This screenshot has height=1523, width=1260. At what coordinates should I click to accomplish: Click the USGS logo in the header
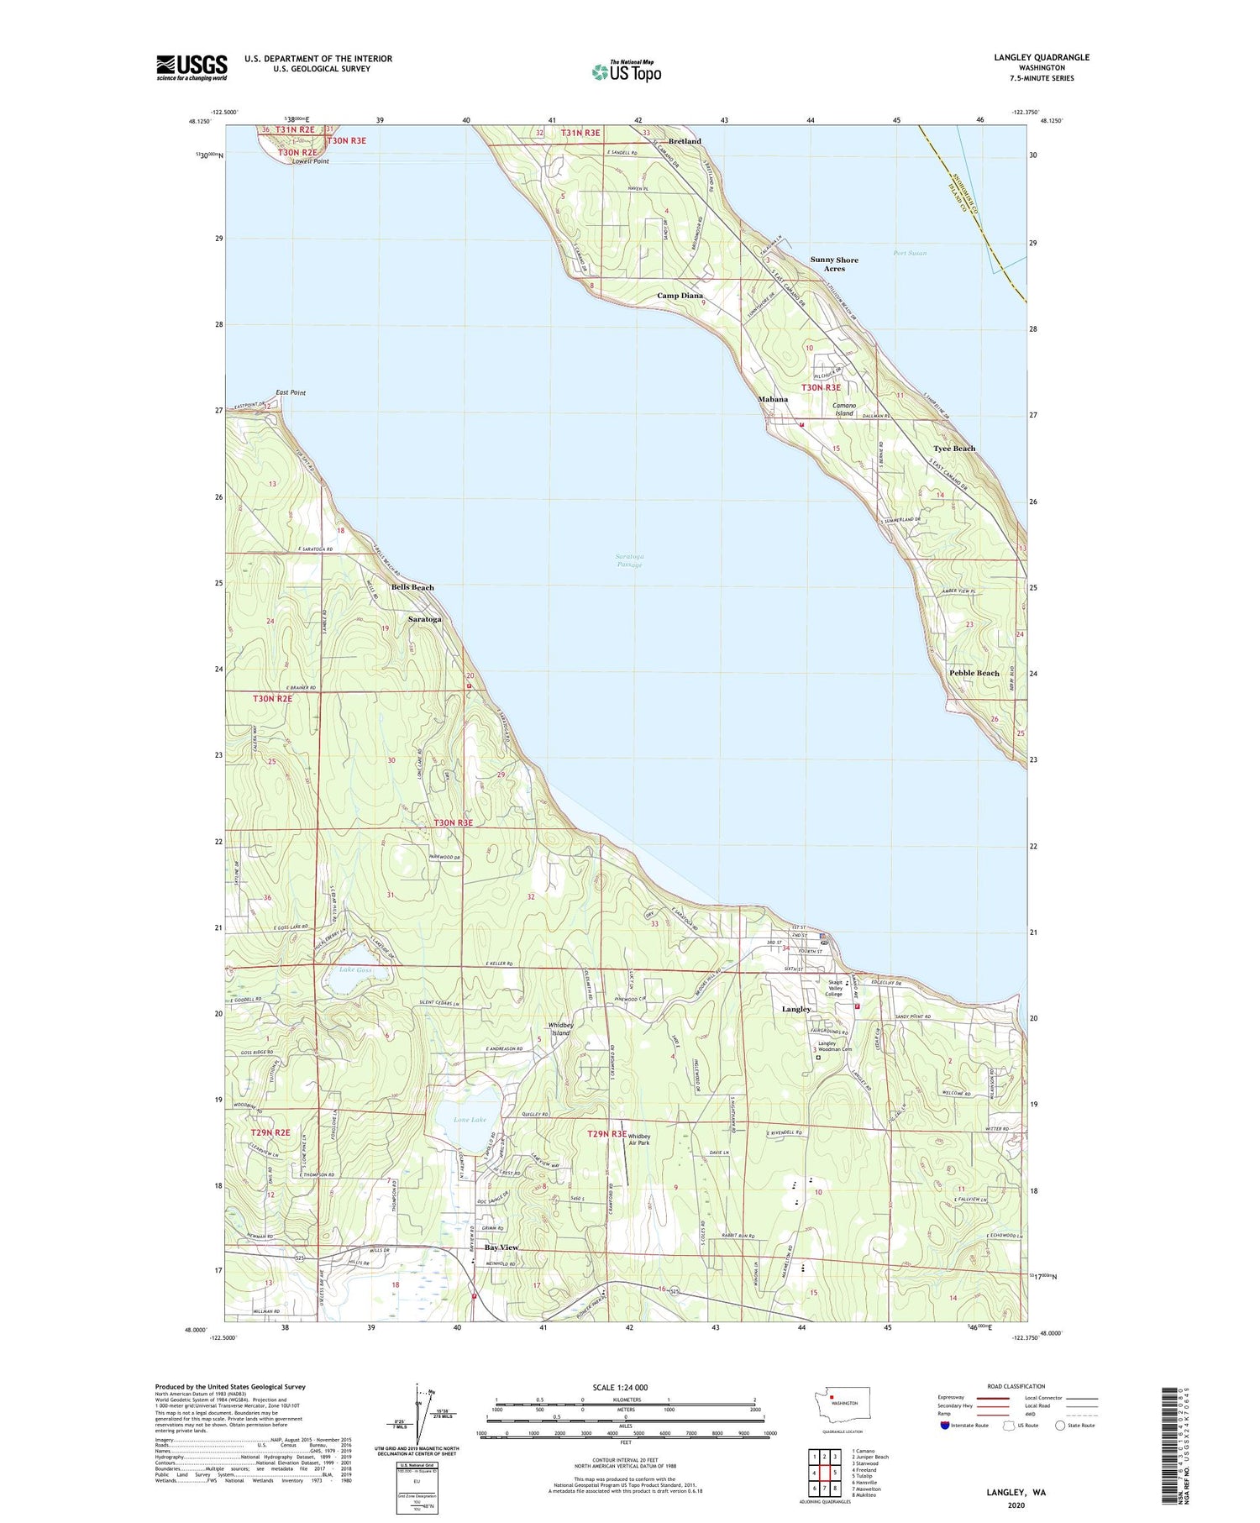(192, 67)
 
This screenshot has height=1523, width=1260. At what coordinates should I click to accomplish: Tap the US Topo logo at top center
(627, 71)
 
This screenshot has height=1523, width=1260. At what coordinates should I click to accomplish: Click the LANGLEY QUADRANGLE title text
(1039, 57)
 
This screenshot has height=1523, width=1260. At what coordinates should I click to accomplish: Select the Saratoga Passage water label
(629, 560)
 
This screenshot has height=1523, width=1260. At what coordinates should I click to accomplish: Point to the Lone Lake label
(470, 1120)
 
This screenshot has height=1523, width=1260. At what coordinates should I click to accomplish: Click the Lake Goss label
(355, 970)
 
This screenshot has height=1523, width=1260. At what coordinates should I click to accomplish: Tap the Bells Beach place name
(412, 587)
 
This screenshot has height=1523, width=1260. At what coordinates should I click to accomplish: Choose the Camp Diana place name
(680, 296)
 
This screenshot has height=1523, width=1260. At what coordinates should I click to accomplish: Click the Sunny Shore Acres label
(834, 264)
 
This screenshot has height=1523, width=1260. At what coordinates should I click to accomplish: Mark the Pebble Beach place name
(974, 673)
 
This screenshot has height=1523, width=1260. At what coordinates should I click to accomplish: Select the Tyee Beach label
(954, 449)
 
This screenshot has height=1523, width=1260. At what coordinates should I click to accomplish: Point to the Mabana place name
(773, 399)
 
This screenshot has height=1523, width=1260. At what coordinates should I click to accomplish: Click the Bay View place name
(501, 1247)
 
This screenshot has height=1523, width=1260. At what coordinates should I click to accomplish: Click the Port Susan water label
(910, 253)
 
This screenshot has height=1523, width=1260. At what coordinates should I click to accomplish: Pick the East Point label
(291, 392)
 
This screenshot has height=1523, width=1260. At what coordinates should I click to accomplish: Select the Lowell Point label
(311, 161)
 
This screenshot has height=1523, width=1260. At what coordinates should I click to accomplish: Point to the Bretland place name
(685, 141)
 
